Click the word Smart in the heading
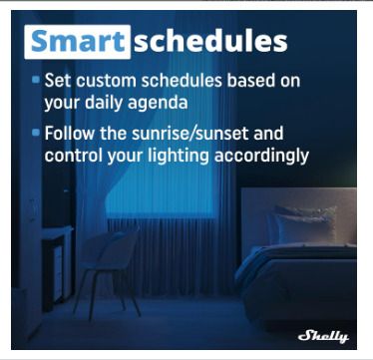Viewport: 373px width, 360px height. coord(77,42)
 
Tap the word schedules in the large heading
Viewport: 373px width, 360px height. coord(210,42)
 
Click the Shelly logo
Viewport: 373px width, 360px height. coord(323,336)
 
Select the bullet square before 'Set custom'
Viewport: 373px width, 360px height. coord(36,80)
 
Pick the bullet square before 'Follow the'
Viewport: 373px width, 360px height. coord(36,133)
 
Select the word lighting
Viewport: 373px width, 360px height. coord(179,156)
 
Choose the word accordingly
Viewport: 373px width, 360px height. coord(261,156)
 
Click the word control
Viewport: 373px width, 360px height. coord(74,156)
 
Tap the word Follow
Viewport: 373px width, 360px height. coord(70,133)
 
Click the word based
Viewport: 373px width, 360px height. coord(249,81)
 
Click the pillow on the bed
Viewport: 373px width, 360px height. coord(302,224)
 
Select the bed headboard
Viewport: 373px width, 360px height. coord(298,217)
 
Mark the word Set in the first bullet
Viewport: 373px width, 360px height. coord(57,81)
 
